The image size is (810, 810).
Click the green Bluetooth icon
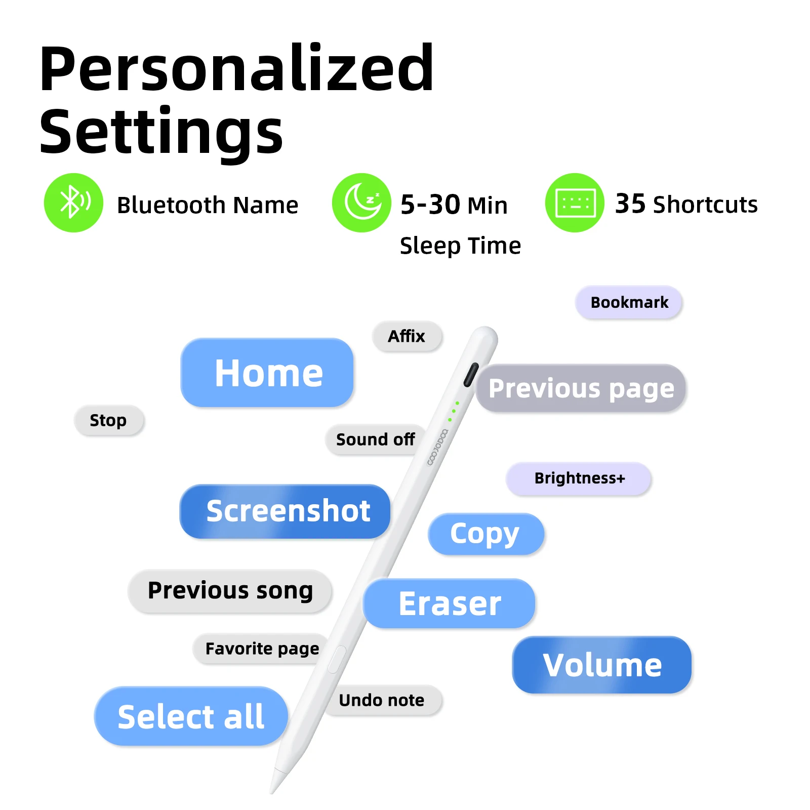(73, 203)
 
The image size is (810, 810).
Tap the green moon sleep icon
(361, 203)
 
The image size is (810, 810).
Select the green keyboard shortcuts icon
(575, 203)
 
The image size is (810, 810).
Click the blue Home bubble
(267, 373)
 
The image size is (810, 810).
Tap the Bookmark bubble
(629, 302)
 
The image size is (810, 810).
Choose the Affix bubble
(407, 336)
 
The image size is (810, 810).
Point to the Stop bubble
(109, 420)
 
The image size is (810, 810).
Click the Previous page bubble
(581, 388)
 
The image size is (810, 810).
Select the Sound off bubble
(375, 439)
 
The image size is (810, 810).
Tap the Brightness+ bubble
(579, 478)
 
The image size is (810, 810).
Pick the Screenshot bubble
(285, 511)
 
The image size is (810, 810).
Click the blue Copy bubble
(486, 534)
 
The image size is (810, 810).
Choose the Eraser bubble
(449, 603)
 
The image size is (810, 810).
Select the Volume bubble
(602, 665)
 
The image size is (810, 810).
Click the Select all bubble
(191, 716)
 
